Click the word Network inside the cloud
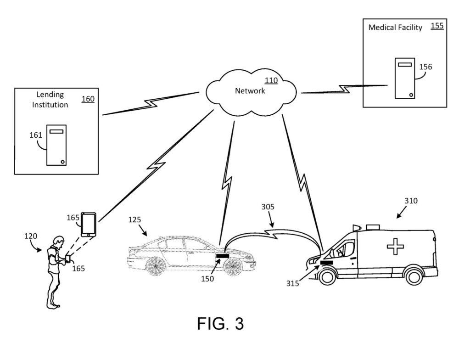[250, 91]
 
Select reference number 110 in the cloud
[271, 81]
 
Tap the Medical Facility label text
[395, 28]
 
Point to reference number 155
[437, 26]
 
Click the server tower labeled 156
[404, 78]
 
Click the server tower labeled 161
[56, 145]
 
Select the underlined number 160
[88, 99]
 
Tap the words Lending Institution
[52, 100]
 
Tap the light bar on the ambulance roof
[356, 227]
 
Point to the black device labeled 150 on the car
[223, 255]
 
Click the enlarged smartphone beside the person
[89, 224]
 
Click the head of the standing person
[57, 241]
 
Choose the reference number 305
[268, 207]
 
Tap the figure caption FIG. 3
[220, 324]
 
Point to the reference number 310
[411, 201]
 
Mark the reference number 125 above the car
[134, 220]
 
